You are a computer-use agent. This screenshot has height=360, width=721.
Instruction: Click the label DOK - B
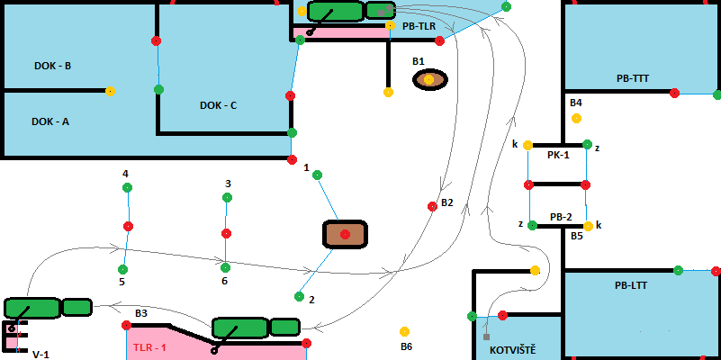point(52,66)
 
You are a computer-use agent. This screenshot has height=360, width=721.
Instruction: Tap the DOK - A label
point(50,121)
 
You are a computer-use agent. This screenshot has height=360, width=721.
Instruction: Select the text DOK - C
point(218,105)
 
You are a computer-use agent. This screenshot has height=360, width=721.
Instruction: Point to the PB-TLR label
point(419,27)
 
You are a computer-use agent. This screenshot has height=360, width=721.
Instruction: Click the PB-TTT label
point(633,78)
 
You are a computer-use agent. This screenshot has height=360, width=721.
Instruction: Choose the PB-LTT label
point(632,285)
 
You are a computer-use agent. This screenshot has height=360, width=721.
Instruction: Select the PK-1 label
point(558,155)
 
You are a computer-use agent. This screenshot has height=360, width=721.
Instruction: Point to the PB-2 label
point(561,217)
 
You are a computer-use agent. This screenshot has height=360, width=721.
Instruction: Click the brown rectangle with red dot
point(345,234)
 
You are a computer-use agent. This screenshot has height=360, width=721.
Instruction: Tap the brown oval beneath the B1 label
point(429,80)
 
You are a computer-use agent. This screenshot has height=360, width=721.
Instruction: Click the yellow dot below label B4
point(576,118)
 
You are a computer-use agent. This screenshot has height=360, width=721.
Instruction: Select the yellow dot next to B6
point(405,331)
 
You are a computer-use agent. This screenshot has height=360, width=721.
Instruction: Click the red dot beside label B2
point(432,206)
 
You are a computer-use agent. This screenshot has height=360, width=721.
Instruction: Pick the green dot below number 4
point(127,187)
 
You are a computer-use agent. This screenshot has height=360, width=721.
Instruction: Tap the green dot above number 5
point(122,268)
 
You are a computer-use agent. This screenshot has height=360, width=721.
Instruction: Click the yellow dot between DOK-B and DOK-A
point(110,91)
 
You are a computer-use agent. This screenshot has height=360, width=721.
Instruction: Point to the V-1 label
point(41,355)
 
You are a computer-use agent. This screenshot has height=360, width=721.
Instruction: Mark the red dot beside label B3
point(126,325)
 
